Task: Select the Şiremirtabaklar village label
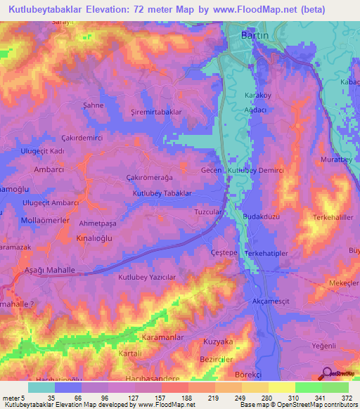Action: pyautogui.click(x=157, y=112)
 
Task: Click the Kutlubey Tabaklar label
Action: pyautogui.click(x=162, y=193)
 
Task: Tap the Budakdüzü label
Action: pyautogui.click(x=261, y=217)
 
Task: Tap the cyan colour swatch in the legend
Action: pyautogui.click(x=41, y=387)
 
